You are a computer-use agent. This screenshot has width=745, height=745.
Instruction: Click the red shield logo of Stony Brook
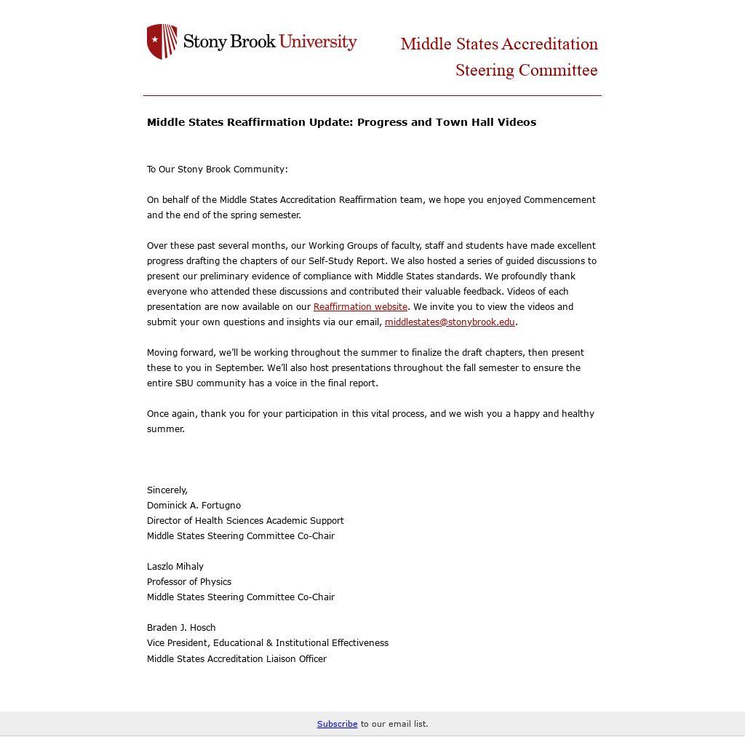[162, 41]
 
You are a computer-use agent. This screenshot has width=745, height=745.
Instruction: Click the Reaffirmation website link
[360, 307]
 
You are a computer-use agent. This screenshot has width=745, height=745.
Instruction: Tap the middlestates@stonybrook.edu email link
[450, 322]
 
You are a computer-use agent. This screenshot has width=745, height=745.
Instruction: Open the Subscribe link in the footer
[337, 724]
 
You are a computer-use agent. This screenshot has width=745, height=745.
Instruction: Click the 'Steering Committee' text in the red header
[526, 71]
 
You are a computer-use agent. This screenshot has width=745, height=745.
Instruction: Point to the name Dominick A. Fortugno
[194, 506]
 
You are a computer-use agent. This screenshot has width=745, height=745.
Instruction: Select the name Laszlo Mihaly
[175, 567]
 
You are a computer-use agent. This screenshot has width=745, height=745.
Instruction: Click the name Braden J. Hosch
[181, 628]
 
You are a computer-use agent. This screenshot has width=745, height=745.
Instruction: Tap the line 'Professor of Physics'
[189, 582]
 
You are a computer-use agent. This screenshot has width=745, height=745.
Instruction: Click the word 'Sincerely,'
[167, 490]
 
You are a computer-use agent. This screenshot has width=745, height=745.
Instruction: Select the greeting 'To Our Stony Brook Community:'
[217, 170]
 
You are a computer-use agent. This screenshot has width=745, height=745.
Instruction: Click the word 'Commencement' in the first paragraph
[559, 200]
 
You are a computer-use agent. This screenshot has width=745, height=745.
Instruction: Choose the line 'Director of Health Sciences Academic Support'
[245, 521]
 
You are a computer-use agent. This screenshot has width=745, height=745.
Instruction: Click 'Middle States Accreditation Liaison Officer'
[236, 659]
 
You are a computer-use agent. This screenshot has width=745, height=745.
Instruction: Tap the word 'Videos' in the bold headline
[517, 122]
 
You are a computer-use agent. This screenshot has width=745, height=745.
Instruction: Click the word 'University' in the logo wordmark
[318, 41]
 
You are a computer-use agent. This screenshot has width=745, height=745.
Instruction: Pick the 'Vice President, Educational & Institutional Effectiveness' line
[268, 643]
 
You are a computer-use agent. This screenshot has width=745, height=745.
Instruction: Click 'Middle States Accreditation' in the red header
[499, 44]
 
